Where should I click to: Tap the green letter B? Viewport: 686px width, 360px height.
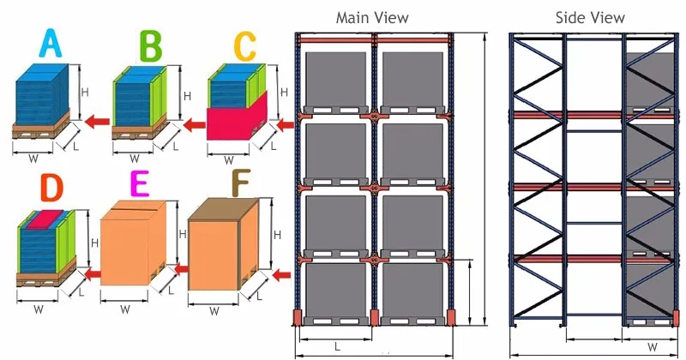point(149,45)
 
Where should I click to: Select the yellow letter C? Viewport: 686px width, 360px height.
point(245,45)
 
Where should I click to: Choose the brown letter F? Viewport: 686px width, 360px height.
point(239,185)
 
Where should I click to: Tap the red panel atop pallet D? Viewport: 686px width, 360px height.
point(50,218)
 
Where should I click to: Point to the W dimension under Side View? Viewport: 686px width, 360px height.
point(652,347)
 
